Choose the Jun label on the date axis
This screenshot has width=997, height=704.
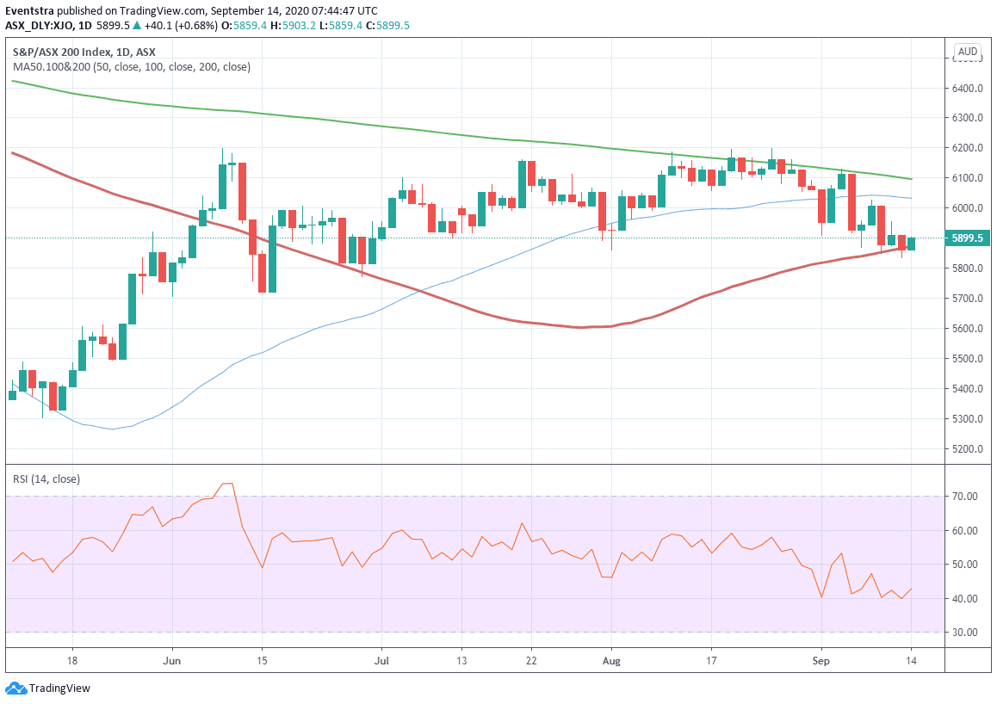[x=172, y=661]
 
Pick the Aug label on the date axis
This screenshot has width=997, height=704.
[x=610, y=661]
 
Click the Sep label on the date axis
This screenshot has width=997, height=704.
[x=821, y=661]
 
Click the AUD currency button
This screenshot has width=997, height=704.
[x=968, y=52]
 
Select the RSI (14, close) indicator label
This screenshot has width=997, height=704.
[x=46, y=479]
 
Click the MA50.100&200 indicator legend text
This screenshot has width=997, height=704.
[x=131, y=66]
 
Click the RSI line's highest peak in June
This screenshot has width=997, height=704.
[x=227, y=484]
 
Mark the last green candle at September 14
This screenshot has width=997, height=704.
[x=911, y=244]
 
